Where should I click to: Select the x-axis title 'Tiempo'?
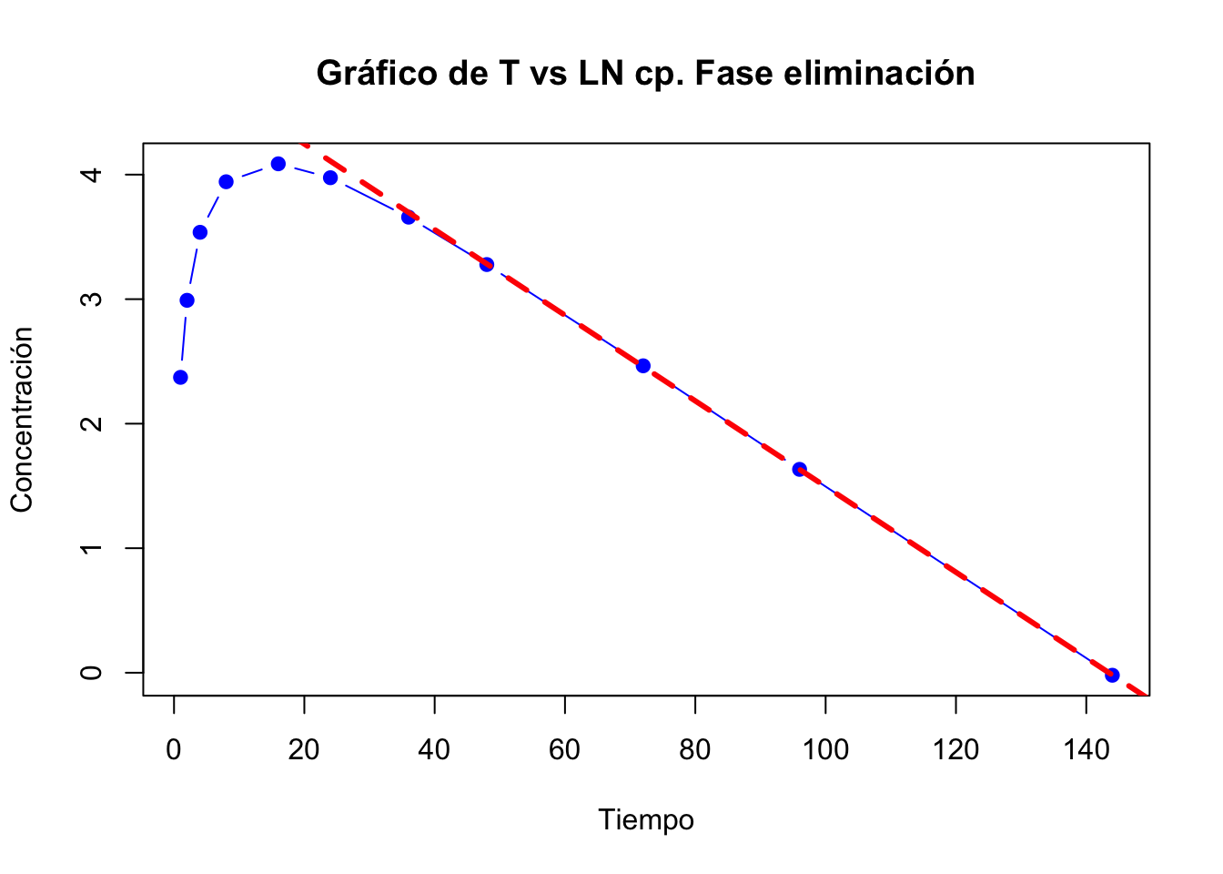(x=646, y=820)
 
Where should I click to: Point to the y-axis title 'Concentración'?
(x=22, y=420)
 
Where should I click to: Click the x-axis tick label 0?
(x=174, y=750)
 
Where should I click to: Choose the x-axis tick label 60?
(x=564, y=750)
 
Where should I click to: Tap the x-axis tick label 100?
(x=825, y=750)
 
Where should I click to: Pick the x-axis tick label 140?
(x=1086, y=750)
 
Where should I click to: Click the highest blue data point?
(x=278, y=164)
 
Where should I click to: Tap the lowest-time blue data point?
(x=180, y=377)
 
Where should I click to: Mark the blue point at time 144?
(x=1112, y=675)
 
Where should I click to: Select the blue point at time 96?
(x=799, y=470)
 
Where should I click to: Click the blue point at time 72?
(x=643, y=366)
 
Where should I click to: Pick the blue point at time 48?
(x=487, y=264)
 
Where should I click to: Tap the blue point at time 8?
(x=226, y=182)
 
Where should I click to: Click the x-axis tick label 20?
(x=304, y=750)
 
